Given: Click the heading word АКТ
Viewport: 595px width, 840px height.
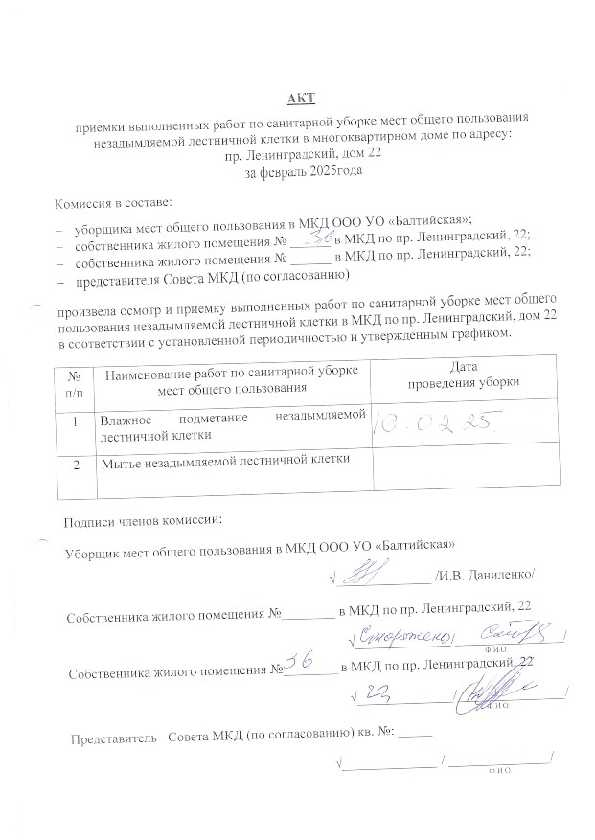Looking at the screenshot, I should pyautogui.click(x=301, y=98).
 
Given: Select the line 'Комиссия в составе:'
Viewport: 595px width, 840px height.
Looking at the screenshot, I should pyautogui.click(x=113, y=205).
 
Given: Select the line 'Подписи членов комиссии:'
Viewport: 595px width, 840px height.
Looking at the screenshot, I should pyautogui.click(x=142, y=522).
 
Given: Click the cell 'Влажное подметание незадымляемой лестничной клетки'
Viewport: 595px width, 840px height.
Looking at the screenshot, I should pyautogui.click(x=232, y=423).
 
